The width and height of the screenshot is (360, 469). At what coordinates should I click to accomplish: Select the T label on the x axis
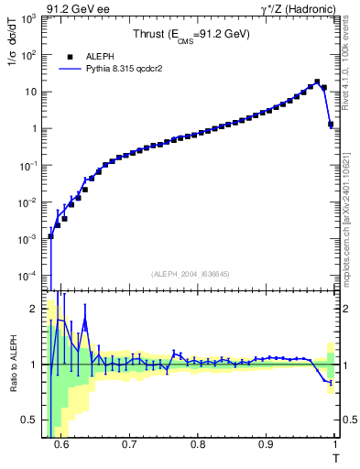pyautogui.click(x=335, y=457)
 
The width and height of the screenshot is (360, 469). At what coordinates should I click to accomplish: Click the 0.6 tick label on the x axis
pyautogui.click(x=61, y=443)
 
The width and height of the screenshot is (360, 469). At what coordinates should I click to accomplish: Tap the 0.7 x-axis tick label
pyautogui.click(x=129, y=443)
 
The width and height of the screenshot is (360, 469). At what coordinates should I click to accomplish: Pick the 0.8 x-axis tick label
pyautogui.click(x=198, y=443)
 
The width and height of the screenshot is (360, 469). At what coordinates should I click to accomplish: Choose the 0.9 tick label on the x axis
pyautogui.click(x=267, y=443)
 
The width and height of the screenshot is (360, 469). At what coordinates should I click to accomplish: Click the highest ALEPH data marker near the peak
pyautogui.click(x=317, y=82)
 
